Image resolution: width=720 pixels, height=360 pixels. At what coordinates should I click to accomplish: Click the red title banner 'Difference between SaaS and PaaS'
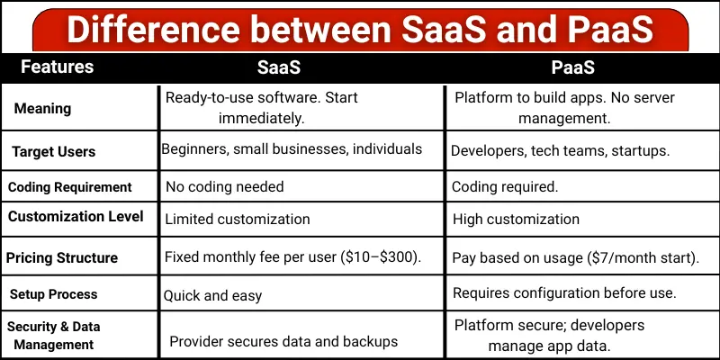point(360,29)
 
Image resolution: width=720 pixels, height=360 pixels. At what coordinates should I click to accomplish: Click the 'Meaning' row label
point(42,108)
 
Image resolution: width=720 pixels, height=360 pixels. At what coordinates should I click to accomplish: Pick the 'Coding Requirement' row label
point(70,187)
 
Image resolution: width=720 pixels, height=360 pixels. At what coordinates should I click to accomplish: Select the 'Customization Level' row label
point(76,217)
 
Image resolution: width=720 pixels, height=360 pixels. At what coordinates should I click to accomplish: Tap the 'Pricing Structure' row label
point(62,257)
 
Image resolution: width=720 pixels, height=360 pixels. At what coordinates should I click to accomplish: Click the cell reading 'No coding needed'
point(224,187)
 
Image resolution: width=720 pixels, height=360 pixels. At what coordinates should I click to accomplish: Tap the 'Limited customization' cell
point(238,219)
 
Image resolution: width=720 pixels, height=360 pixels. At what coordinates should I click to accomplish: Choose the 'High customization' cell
point(516,219)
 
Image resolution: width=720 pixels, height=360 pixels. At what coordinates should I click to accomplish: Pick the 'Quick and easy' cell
point(211,294)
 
